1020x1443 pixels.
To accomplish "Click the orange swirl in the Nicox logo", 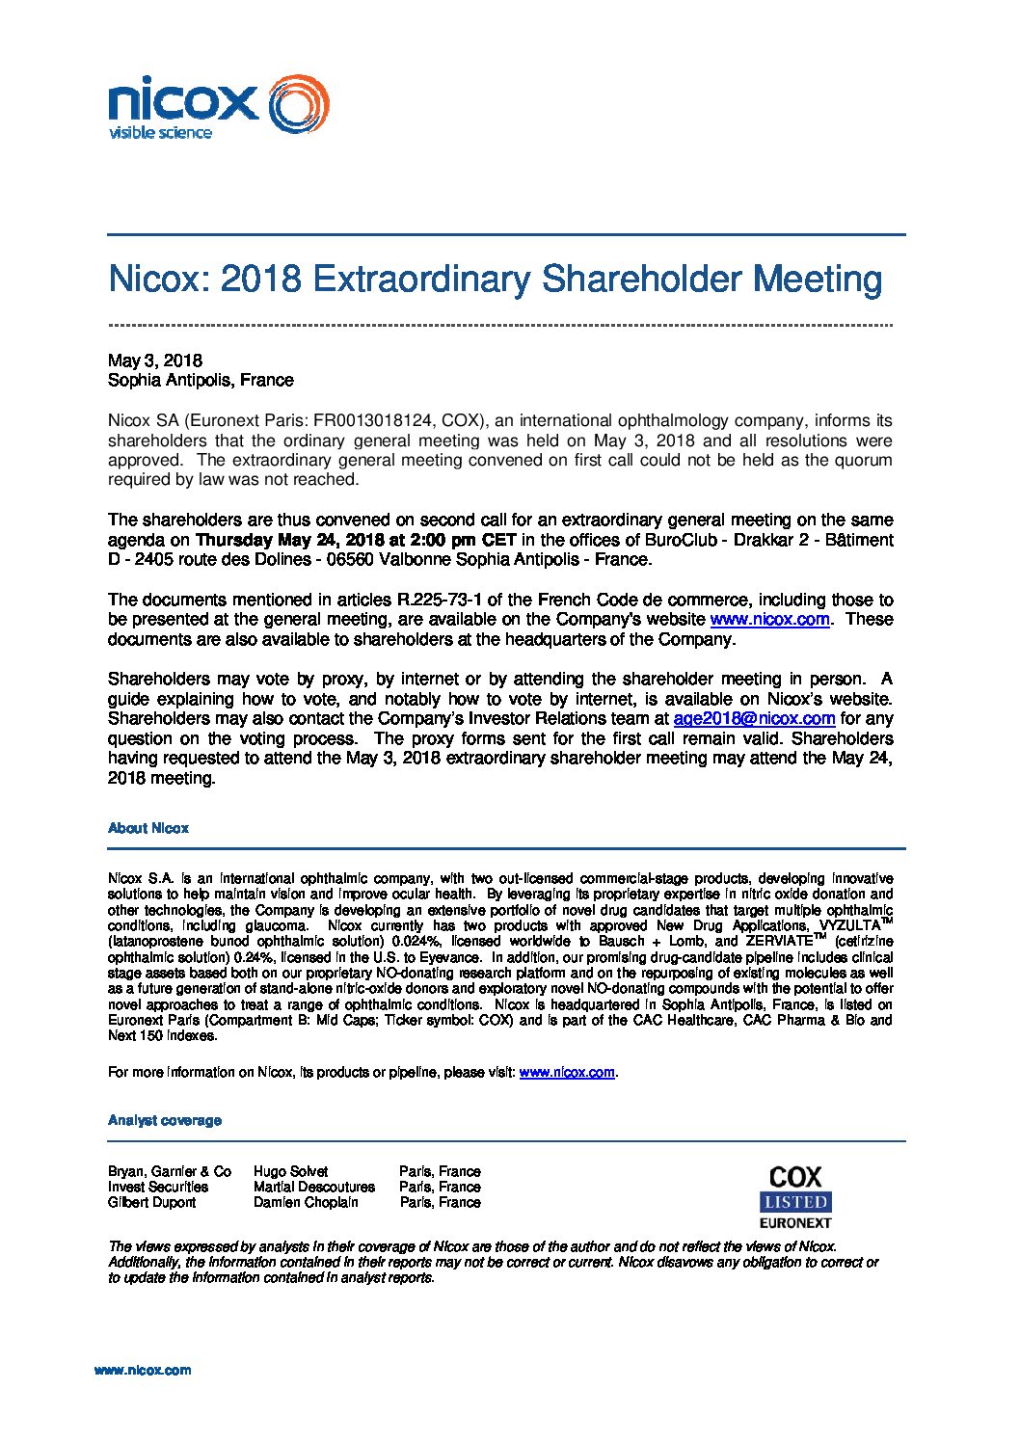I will pos(299,104).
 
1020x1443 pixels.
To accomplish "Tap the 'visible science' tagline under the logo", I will pos(160,132).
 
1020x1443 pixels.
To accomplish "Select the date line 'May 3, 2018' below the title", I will pos(155,361).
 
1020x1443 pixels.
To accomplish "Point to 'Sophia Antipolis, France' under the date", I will pos(201,380).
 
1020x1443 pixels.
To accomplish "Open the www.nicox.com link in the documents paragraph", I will pos(769,619).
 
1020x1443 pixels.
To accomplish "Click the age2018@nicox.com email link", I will pos(754,718).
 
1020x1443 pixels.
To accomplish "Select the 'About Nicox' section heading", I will pos(148,828).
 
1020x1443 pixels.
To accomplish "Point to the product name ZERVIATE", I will pos(779,941).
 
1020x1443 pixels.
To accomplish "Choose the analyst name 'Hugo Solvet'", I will pos(290,1171).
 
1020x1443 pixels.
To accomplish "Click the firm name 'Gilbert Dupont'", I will pos(151,1202).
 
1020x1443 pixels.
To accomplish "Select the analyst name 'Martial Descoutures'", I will pos(314,1187).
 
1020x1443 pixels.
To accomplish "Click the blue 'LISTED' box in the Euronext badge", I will pos(795,1202).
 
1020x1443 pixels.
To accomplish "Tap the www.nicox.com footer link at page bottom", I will pos(143,1370).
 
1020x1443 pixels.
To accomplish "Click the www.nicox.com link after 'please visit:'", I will pos(567,1072).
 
